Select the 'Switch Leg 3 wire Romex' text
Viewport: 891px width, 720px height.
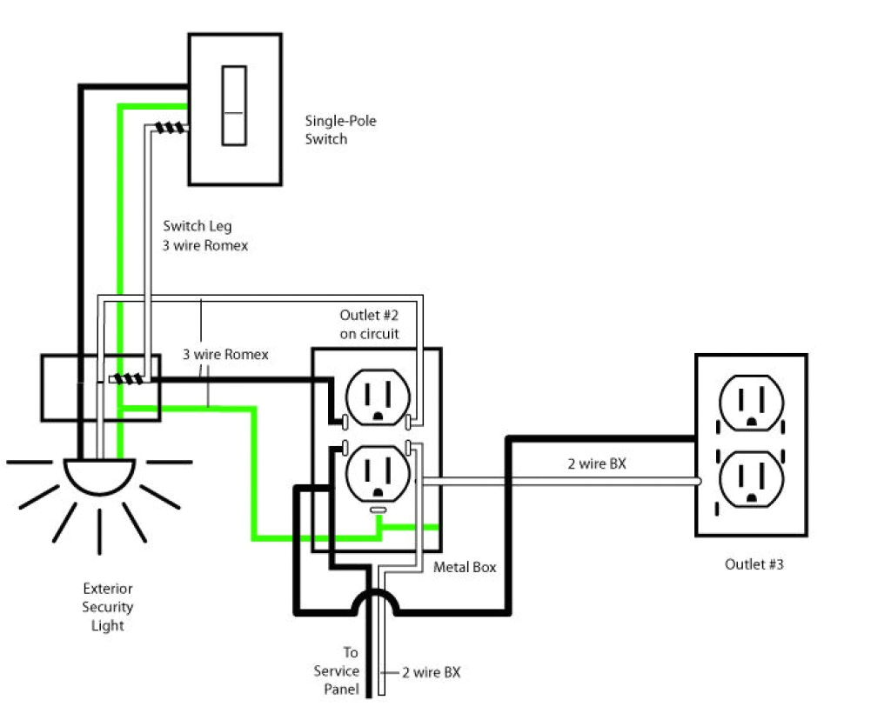[x=205, y=236]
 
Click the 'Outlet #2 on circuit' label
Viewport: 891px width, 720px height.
[x=370, y=323]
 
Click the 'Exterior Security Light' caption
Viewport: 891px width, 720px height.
[x=108, y=607]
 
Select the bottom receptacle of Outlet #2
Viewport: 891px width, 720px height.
[x=377, y=474]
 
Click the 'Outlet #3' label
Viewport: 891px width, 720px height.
[x=754, y=564]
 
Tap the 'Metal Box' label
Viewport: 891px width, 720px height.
[x=465, y=567]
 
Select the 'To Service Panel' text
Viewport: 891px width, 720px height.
[x=338, y=670]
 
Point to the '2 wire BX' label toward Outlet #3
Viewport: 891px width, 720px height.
[x=597, y=464]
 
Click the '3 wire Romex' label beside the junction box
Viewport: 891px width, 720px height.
[x=225, y=355]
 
